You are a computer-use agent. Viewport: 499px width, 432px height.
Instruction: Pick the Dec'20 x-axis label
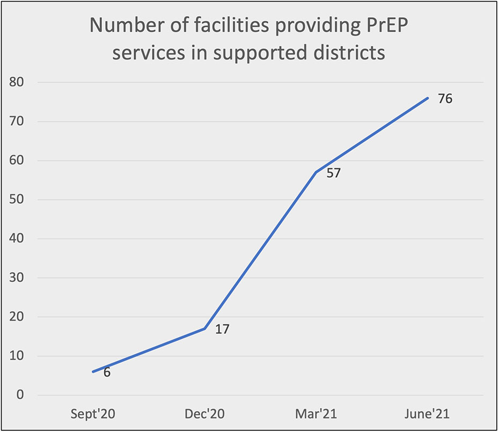tap(204, 414)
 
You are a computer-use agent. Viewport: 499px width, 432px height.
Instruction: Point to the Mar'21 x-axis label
tap(316, 414)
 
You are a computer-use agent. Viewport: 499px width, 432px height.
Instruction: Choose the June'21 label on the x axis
tap(428, 414)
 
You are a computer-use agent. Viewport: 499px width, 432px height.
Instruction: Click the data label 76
tap(445, 99)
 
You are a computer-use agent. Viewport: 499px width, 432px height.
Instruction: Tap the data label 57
tap(334, 173)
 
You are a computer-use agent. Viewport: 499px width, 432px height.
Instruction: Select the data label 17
tap(222, 329)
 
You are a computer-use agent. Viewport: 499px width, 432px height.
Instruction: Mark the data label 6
tap(107, 372)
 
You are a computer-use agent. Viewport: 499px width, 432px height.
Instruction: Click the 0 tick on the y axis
tap(20, 396)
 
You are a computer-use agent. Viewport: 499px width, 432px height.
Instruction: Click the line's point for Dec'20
tap(204, 328)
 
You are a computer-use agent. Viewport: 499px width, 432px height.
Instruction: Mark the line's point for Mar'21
tap(316, 172)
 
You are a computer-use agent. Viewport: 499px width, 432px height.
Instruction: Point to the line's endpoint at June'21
tap(428, 98)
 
